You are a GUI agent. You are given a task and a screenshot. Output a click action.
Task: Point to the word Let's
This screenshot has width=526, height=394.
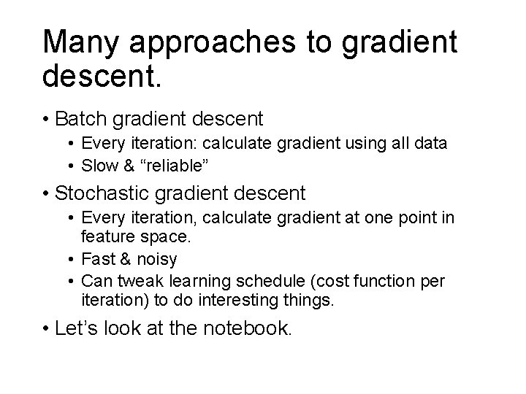(79, 328)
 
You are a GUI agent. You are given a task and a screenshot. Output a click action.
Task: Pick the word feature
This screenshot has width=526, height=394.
(104, 237)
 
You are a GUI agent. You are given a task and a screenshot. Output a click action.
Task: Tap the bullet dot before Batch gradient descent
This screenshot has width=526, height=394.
(47, 117)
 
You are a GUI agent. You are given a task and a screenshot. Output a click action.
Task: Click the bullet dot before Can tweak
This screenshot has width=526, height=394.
(73, 281)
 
